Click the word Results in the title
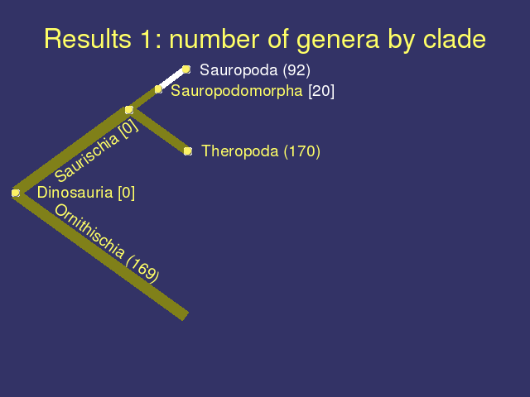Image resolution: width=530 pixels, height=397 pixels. (88, 39)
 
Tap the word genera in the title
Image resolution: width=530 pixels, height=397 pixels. (338, 41)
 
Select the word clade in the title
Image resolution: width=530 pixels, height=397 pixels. (455, 39)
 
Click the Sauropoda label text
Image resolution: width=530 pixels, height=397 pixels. (238, 70)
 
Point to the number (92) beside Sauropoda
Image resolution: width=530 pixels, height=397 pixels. (296, 70)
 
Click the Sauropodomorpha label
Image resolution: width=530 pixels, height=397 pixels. (237, 91)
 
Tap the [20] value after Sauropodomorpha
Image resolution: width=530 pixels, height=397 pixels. (321, 91)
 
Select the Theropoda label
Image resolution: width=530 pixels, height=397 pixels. (239, 151)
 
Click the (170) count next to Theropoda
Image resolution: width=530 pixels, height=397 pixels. (301, 151)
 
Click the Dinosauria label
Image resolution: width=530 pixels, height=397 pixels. (75, 193)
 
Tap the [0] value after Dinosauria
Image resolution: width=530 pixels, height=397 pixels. (127, 193)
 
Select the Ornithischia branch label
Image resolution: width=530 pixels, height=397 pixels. (89, 232)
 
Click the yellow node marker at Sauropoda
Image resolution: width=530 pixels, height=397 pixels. (186, 69)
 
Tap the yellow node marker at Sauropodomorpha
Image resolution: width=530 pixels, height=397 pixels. (158, 89)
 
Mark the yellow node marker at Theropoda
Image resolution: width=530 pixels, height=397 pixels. (188, 151)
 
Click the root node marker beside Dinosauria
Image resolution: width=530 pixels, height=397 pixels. (16, 193)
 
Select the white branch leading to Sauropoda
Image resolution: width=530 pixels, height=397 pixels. (172, 79)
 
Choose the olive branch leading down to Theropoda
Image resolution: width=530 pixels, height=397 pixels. (159, 131)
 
